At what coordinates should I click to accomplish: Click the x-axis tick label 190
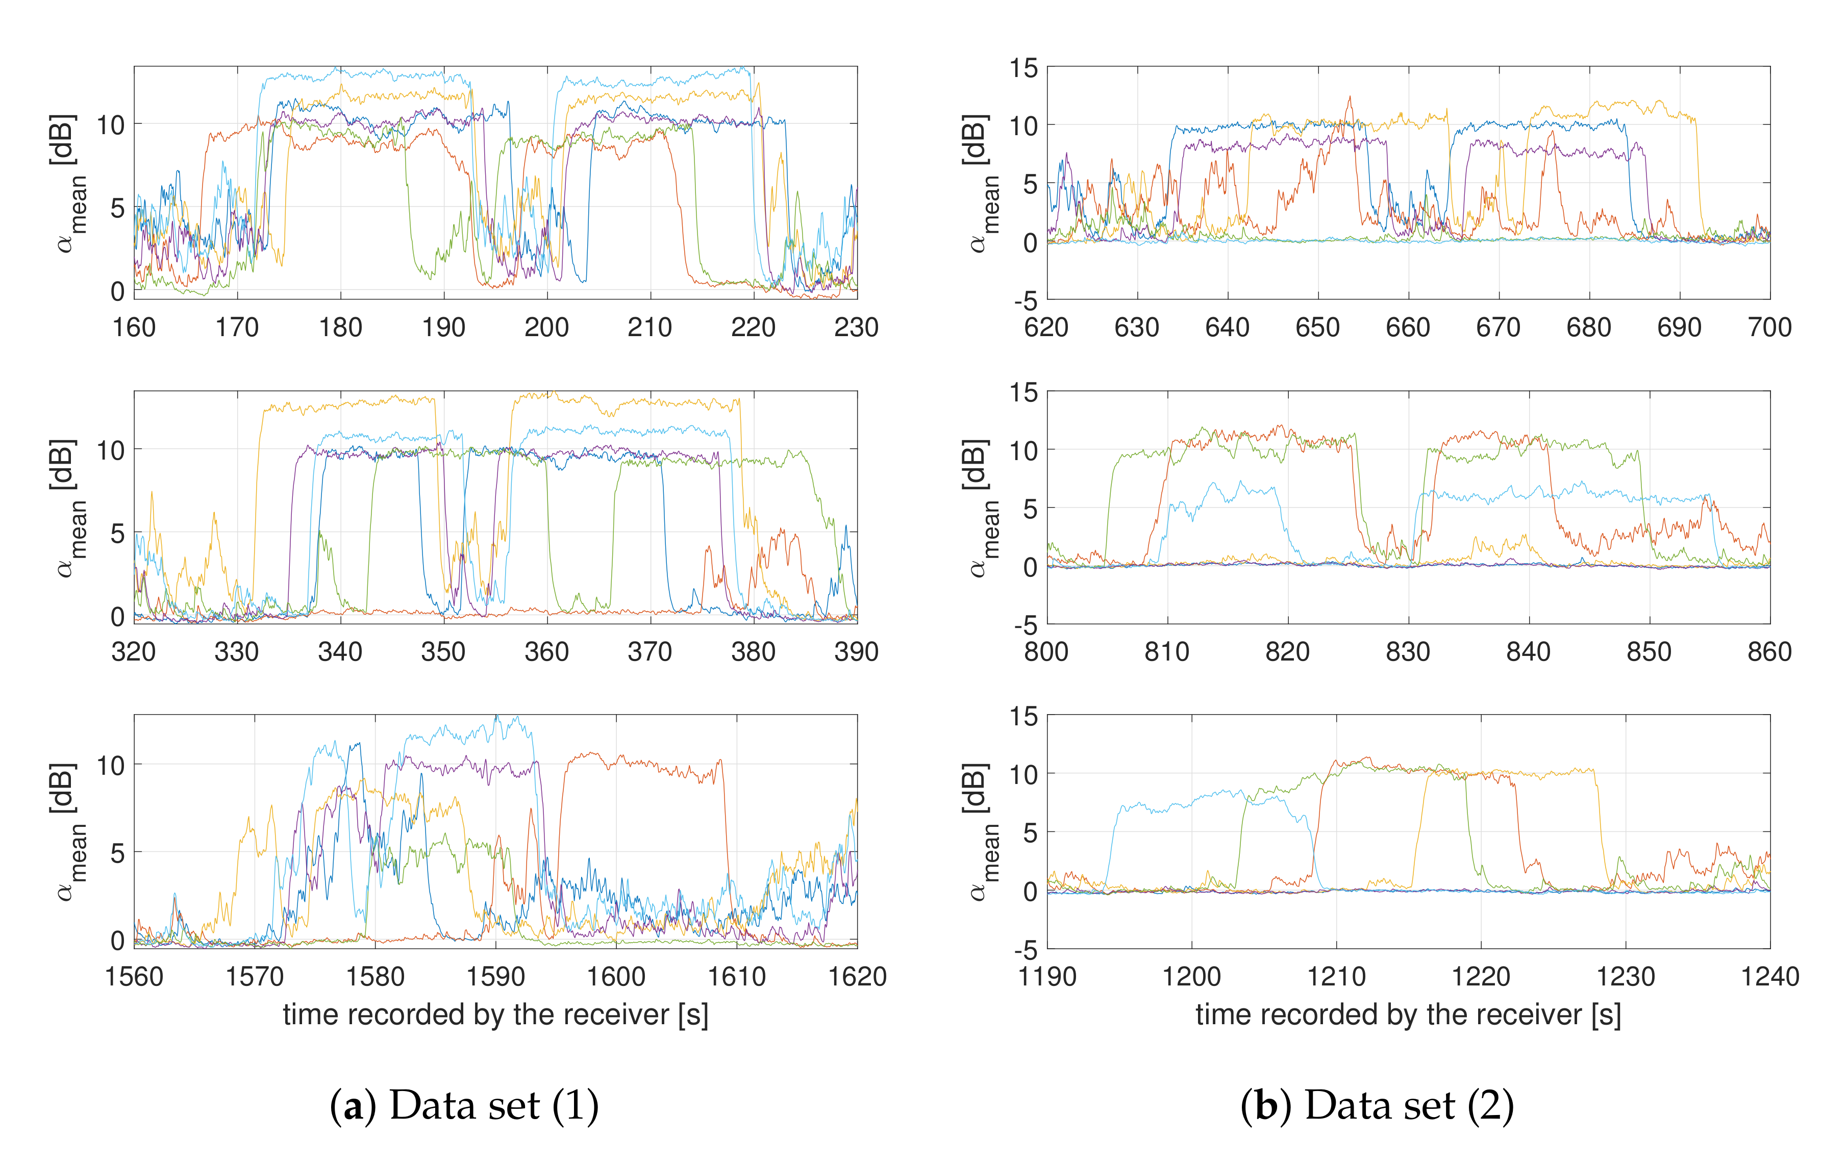pyautogui.click(x=443, y=327)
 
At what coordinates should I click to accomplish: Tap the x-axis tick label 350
pyautogui.click(x=443, y=652)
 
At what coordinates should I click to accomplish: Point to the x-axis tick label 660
pyautogui.click(x=1408, y=327)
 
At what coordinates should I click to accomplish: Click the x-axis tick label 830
pyautogui.click(x=1408, y=652)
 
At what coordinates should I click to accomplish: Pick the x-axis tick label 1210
pyautogui.click(x=1336, y=976)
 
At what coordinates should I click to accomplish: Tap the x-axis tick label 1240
pyautogui.click(x=1769, y=976)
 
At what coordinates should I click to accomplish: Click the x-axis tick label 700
pyautogui.click(x=1769, y=327)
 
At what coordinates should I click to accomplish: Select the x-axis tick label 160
pyautogui.click(x=134, y=327)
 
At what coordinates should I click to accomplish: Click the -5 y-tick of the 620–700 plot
pyautogui.click(x=1026, y=300)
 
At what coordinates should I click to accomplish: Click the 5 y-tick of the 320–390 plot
pyautogui.click(x=117, y=533)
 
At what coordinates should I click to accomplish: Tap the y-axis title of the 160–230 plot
pyautogui.click(x=67, y=183)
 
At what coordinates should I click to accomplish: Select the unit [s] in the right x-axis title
pyautogui.click(x=1605, y=1015)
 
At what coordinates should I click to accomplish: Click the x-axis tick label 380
pyautogui.click(x=753, y=652)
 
